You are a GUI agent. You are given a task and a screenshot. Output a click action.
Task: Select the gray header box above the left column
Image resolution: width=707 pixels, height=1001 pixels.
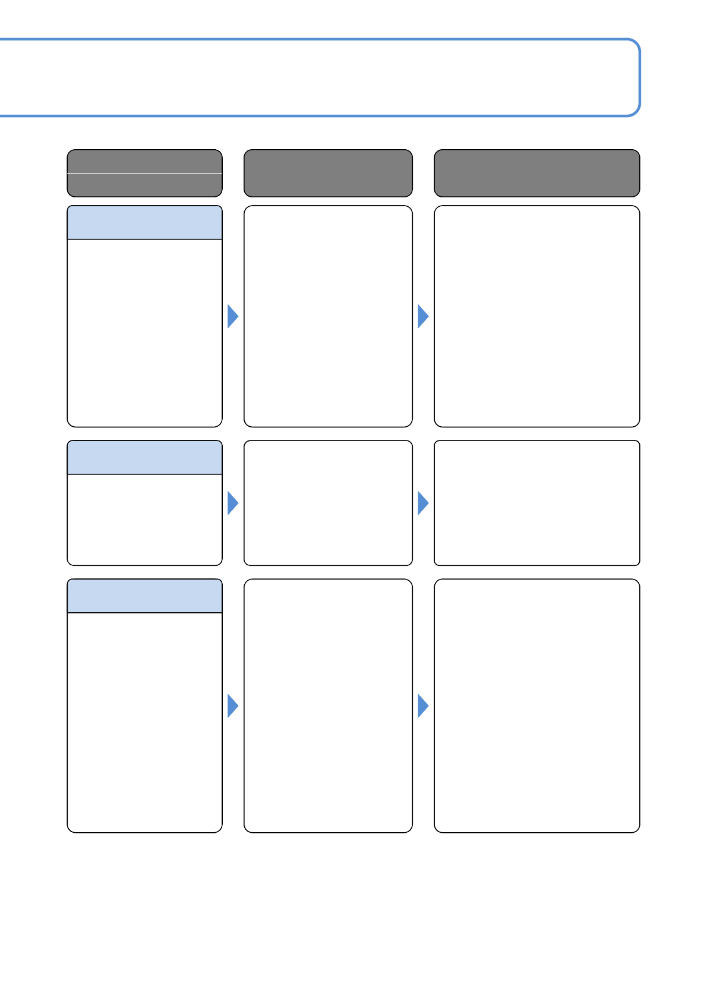(144, 173)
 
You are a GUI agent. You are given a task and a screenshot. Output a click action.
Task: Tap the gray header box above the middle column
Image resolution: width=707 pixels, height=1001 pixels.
(328, 173)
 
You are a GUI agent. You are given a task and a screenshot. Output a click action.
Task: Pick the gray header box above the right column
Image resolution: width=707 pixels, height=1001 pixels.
(536, 173)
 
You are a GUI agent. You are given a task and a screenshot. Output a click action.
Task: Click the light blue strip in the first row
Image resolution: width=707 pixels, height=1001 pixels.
(144, 223)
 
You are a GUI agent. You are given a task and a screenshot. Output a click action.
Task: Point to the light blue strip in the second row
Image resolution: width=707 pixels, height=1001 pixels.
(144, 458)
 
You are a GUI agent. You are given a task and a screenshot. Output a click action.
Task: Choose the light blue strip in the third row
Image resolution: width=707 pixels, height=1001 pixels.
(144, 596)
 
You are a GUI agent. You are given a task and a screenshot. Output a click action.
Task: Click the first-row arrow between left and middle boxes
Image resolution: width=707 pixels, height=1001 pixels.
(232, 316)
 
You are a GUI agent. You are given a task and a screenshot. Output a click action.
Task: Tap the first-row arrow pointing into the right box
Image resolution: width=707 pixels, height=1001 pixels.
(422, 316)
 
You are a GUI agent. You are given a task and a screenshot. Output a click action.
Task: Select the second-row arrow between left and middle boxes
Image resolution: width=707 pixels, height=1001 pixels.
(232, 503)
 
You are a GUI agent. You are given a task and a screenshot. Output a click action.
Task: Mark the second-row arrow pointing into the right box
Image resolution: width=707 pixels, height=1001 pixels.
(422, 503)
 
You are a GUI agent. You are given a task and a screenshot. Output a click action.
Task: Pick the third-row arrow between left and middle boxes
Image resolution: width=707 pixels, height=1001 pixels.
(232, 706)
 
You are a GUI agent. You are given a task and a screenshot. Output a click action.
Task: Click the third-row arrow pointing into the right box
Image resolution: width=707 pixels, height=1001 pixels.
(422, 706)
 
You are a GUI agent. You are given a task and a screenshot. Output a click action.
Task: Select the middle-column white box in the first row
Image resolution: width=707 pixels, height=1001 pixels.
(328, 316)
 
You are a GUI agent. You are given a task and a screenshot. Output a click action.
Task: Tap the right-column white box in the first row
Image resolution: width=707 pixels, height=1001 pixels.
(536, 316)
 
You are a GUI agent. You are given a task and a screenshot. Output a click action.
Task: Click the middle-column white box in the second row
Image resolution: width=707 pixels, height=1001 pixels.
(328, 503)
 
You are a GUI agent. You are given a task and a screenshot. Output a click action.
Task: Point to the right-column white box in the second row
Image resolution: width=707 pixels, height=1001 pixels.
(536, 503)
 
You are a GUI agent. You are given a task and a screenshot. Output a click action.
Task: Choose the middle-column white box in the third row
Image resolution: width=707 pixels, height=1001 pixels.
(328, 706)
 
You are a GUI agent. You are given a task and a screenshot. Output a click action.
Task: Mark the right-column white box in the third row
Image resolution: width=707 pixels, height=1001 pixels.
(536, 706)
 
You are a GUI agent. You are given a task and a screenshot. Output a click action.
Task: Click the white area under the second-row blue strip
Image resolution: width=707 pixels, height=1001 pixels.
(144, 520)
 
